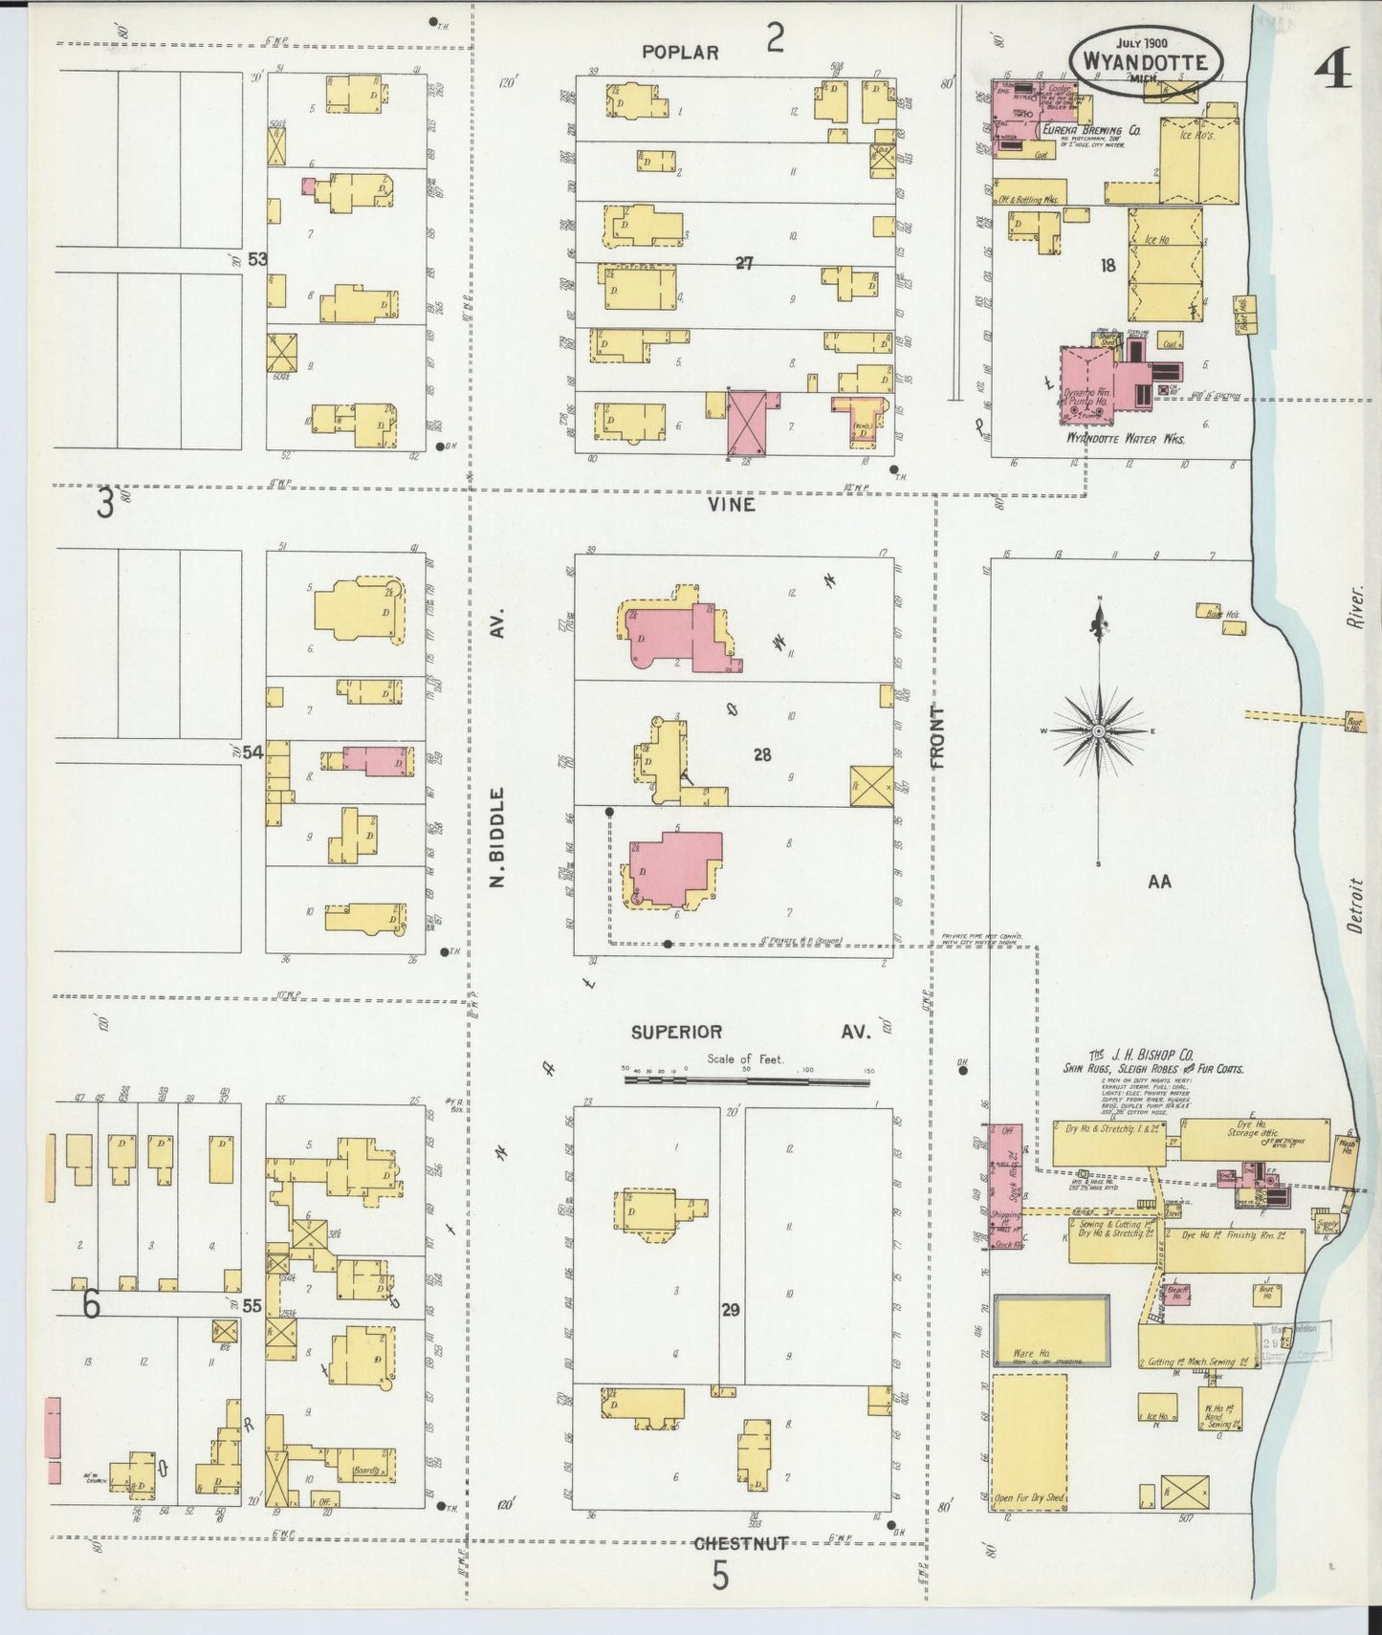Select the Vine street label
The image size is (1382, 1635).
[x=733, y=504]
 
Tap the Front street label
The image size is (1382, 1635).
[x=936, y=737]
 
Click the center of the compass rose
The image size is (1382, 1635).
[x=1099, y=730]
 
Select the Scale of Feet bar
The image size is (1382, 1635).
[x=749, y=1079]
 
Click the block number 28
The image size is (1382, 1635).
[x=761, y=754]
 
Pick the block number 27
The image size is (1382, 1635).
[x=744, y=264]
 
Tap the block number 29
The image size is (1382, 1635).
[x=731, y=1310]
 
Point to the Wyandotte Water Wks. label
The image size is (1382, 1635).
[x=1125, y=439]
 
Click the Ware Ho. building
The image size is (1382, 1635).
[x=1051, y=1329]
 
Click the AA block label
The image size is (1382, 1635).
[x=1159, y=883]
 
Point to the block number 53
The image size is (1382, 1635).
[x=255, y=259]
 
